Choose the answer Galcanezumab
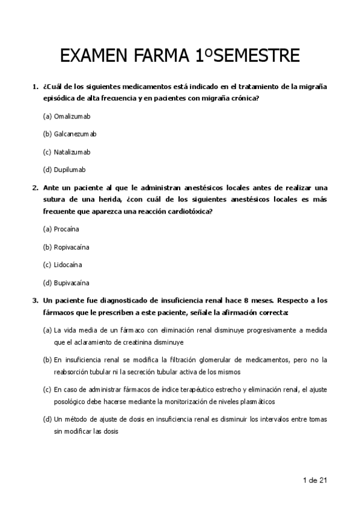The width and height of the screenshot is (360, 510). (75, 134)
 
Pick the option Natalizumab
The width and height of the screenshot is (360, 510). (72, 152)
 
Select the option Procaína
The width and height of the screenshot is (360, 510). (66, 229)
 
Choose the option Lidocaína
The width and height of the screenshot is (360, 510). (68, 265)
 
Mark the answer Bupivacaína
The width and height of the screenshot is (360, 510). (72, 283)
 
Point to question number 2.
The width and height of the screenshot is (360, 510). (35, 187)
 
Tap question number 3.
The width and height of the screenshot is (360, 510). (35, 300)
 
